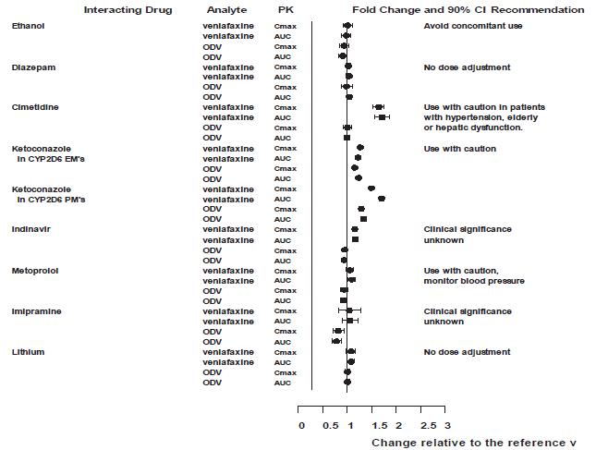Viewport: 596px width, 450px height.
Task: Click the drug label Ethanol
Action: point(27,26)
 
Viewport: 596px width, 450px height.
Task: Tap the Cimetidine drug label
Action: point(34,107)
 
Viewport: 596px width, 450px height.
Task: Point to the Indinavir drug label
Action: point(31,229)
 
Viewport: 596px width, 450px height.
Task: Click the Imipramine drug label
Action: point(36,311)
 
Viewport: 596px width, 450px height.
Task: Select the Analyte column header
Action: point(226,10)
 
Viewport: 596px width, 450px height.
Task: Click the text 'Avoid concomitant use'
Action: point(473,26)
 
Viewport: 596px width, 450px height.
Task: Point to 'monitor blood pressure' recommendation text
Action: point(474,281)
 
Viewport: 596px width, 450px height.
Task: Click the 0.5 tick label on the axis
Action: point(331,426)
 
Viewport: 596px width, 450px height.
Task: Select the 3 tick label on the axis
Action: point(447,426)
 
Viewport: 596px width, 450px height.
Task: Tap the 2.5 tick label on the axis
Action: point(428,426)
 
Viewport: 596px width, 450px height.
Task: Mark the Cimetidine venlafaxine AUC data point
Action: point(382,117)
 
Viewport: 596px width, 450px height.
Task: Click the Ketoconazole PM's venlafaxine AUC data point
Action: point(381,199)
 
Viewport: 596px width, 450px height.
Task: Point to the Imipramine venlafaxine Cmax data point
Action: point(349,311)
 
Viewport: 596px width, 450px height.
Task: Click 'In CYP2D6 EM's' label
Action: point(52,159)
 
